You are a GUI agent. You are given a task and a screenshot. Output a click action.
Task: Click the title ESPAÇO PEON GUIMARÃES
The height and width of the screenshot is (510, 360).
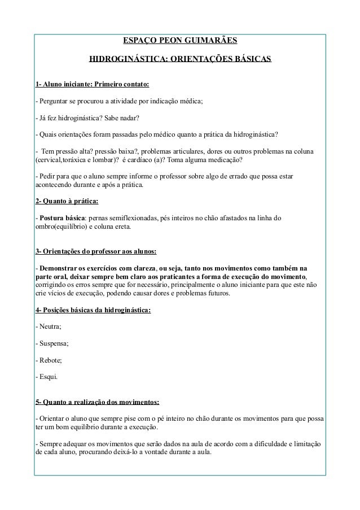(180, 41)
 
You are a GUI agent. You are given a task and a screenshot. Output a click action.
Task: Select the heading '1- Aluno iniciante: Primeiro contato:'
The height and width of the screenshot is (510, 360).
(92, 85)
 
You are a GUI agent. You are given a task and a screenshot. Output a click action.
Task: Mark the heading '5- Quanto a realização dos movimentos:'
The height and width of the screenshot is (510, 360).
(97, 403)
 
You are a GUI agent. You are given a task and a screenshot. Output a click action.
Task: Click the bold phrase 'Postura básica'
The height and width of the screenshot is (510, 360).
(61, 218)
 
